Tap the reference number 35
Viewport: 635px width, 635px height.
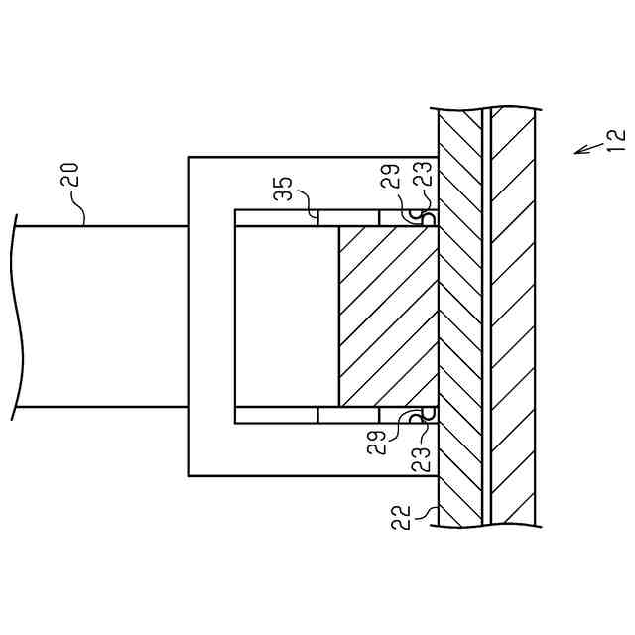pyautogui.click(x=283, y=189)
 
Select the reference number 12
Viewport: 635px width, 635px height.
pyautogui.click(x=616, y=138)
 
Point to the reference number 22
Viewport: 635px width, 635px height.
pyautogui.click(x=401, y=517)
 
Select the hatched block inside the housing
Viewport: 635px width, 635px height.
pyautogui.click(x=388, y=316)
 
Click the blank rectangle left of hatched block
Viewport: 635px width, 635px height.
pyautogui.click(x=287, y=316)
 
